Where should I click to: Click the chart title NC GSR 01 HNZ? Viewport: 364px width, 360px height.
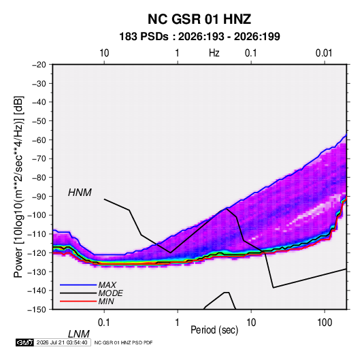(199, 19)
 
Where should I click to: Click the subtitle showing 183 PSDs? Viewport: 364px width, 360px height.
(199, 37)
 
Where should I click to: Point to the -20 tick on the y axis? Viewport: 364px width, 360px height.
(39, 65)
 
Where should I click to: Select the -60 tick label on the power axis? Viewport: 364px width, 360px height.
(39, 140)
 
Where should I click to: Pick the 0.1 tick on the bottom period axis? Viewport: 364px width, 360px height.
(104, 323)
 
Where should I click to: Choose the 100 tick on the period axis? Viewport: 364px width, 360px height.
(325, 323)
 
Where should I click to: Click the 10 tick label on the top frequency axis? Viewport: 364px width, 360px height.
(104, 53)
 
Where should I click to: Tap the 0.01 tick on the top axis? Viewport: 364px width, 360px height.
(324, 53)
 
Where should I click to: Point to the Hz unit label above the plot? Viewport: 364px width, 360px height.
(214, 53)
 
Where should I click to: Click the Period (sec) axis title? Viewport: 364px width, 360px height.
(214, 330)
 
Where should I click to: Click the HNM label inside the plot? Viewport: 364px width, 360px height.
(80, 193)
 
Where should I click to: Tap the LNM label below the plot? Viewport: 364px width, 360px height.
(79, 334)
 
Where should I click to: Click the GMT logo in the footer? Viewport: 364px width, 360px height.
(25, 342)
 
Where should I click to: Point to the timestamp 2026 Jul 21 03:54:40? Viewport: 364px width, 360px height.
(62, 342)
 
